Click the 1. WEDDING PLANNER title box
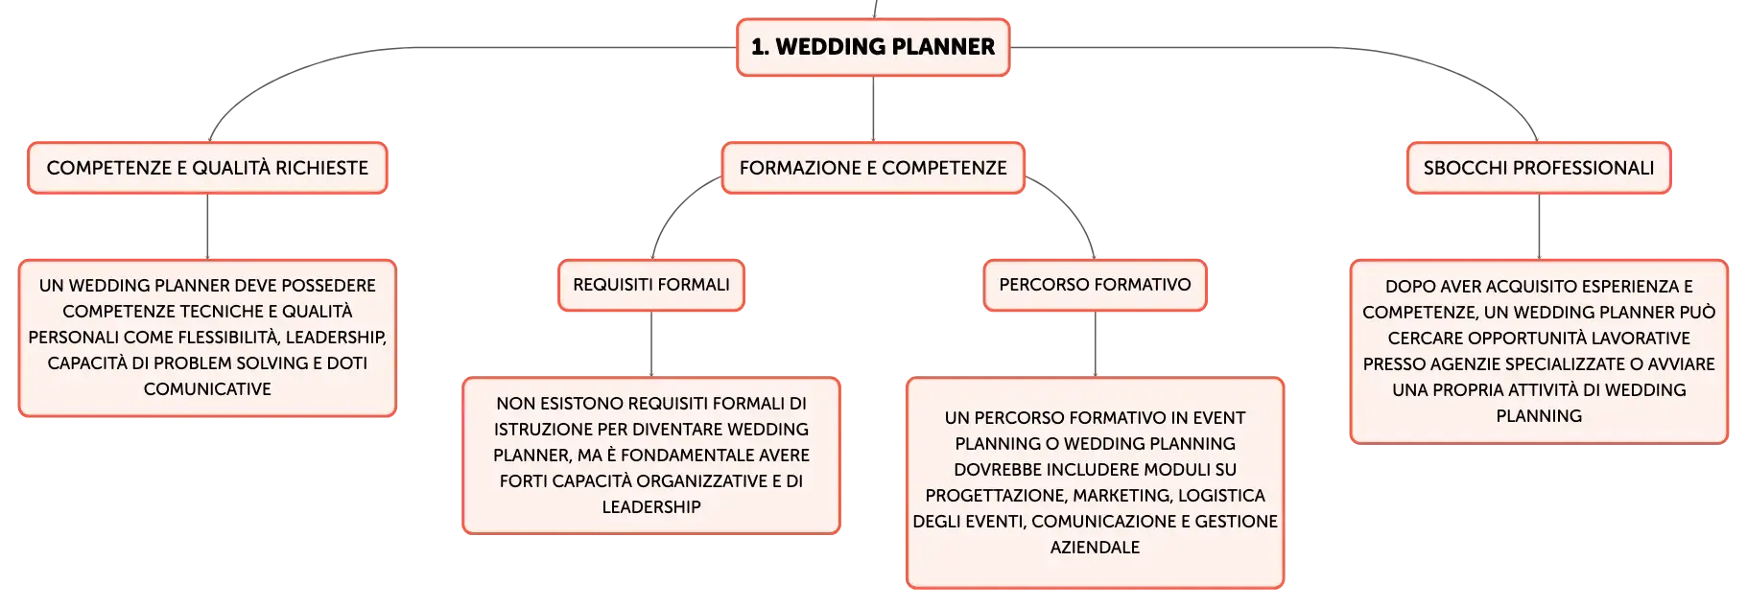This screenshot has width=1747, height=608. (x=873, y=47)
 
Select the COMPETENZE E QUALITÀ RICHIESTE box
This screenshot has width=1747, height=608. (x=207, y=168)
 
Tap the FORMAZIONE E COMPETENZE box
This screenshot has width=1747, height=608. (x=873, y=168)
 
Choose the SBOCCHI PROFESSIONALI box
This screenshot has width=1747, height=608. (x=1539, y=168)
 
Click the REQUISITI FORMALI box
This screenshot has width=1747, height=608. (x=651, y=285)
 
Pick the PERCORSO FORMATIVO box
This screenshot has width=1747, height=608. (x=1095, y=285)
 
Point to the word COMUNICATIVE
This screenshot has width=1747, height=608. (x=207, y=389)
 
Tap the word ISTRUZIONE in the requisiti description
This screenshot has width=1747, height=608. (x=539, y=430)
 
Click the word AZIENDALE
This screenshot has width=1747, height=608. (x=1095, y=548)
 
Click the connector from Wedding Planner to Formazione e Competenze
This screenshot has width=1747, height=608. (x=873, y=109)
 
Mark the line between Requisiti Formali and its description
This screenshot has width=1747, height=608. (x=651, y=344)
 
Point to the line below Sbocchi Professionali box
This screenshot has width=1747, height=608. (x=1539, y=227)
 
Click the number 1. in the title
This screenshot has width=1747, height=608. (x=760, y=47)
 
